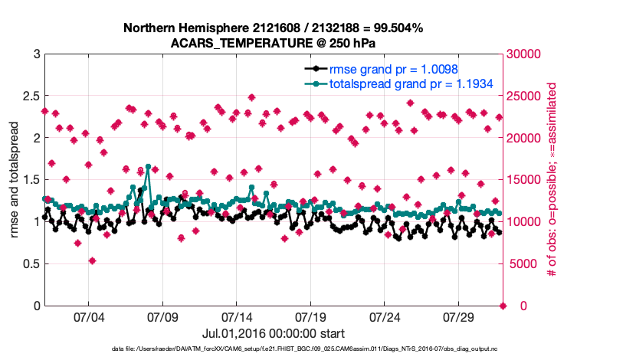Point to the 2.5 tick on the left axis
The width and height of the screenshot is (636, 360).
click(30, 96)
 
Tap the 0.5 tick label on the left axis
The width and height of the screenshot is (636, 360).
click(30, 264)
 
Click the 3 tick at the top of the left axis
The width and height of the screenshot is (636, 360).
click(36, 54)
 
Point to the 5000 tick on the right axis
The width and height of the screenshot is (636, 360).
click(520, 264)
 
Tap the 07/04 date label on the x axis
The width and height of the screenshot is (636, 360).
click(88, 317)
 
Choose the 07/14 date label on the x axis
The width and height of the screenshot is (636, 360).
click(237, 317)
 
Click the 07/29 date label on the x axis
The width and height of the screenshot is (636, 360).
click(459, 317)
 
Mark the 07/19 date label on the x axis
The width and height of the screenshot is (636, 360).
click(310, 317)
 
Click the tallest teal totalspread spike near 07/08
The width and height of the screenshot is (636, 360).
click(148, 166)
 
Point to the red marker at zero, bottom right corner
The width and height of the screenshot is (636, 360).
click(503, 306)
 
